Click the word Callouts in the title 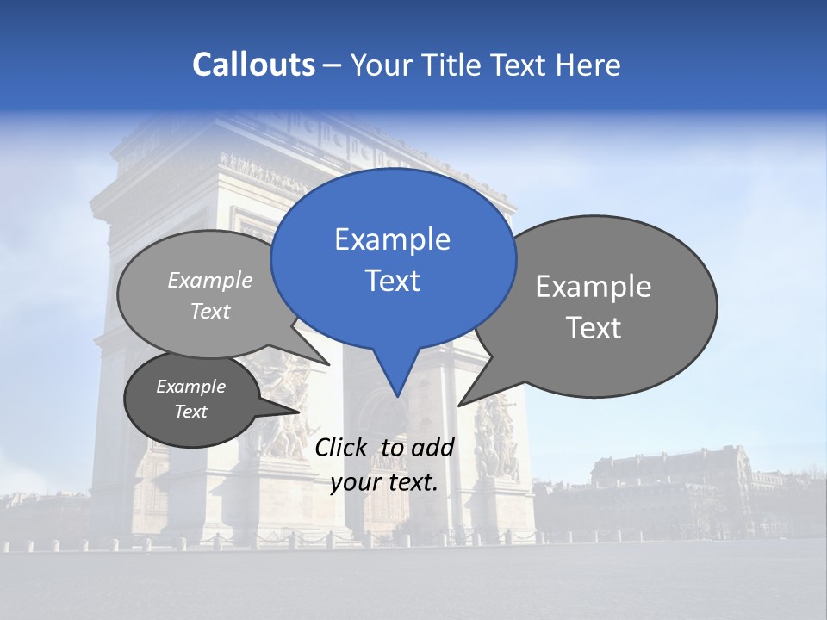point(253,65)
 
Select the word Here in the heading point(588,65)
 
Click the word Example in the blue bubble point(392,239)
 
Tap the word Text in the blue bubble point(392,281)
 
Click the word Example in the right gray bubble point(594,287)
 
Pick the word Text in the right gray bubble point(594,328)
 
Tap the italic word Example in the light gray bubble point(210,280)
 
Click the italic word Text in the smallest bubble point(190,412)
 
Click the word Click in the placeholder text point(343,447)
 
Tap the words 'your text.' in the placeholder point(384,482)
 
